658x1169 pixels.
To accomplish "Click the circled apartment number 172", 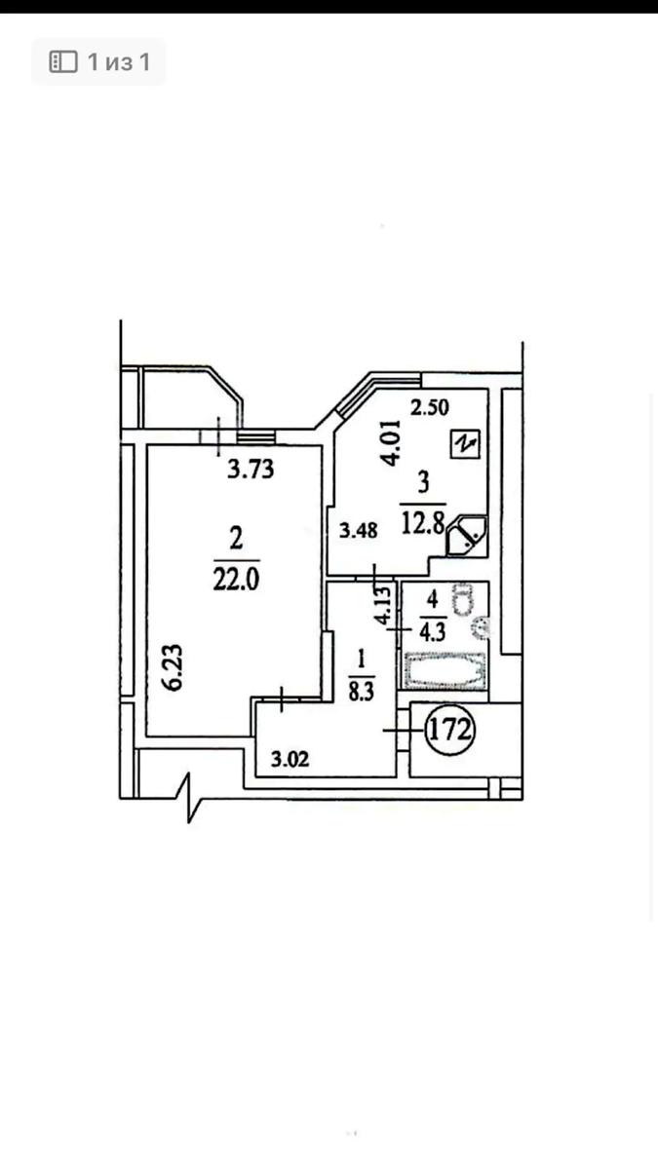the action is coord(450,730).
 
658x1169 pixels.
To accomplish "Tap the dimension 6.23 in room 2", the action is coord(174,668).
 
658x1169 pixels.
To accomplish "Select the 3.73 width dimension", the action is coord(251,469).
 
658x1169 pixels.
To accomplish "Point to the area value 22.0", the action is coord(236,580).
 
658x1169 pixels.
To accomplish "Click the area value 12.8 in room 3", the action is coord(423,522).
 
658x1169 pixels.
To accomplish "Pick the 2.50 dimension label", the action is coord(429,407).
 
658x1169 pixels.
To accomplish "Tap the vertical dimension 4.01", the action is coord(391,442).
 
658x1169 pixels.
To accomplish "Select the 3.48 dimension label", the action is coord(359,531).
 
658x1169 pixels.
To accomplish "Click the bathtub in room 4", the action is coord(445,671).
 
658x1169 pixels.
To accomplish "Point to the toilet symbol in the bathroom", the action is coord(462,598).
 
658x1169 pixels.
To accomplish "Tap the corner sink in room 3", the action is coord(466,535).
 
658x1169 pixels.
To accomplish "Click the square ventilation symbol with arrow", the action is coord(465,444).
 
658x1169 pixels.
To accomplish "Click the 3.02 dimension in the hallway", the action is coord(290,759).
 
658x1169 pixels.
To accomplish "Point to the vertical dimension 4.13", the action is coord(383,605).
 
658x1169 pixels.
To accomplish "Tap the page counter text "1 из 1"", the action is coord(119,62).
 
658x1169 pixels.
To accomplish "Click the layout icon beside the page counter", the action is coord(63,61).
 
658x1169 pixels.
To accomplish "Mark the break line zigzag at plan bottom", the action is coord(189,798).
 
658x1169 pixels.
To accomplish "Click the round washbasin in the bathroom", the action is coord(481,627).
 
